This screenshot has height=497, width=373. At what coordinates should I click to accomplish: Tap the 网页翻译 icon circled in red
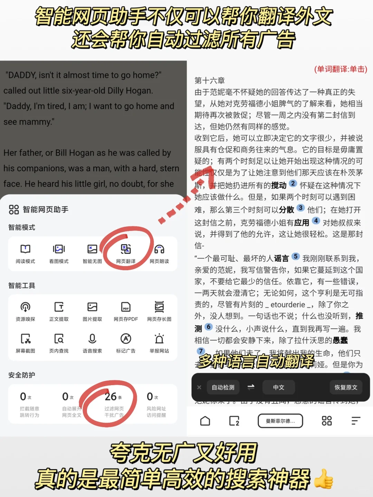(126, 249)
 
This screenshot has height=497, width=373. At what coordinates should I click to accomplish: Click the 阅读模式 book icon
(25, 249)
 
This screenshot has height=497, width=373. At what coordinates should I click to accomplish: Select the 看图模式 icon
(59, 249)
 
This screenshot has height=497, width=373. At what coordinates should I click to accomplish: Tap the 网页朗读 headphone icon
(159, 249)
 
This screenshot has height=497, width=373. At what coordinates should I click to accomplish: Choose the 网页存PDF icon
(126, 307)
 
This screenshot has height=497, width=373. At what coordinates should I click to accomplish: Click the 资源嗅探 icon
(25, 307)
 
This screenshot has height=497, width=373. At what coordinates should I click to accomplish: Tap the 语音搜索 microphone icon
(92, 339)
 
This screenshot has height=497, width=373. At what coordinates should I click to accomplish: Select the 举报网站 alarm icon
(159, 339)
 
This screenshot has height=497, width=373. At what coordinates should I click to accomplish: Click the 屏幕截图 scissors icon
(25, 339)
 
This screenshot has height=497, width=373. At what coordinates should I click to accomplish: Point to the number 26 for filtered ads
(111, 397)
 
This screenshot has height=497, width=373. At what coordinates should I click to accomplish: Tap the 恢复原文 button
(346, 387)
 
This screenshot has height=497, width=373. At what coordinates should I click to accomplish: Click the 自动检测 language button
(223, 387)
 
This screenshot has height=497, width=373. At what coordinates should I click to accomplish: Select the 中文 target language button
(279, 387)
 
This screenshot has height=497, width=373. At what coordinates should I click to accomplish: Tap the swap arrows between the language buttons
(251, 387)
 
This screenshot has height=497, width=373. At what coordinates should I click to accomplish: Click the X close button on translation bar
(199, 387)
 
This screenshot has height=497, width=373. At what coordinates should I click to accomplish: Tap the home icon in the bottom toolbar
(205, 421)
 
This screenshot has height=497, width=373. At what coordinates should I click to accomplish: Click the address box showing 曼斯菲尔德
(280, 421)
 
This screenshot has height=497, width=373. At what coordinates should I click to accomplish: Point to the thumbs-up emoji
(324, 479)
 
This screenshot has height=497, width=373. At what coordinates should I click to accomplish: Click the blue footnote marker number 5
(296, 256)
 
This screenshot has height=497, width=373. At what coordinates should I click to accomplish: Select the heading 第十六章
(210, 81)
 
